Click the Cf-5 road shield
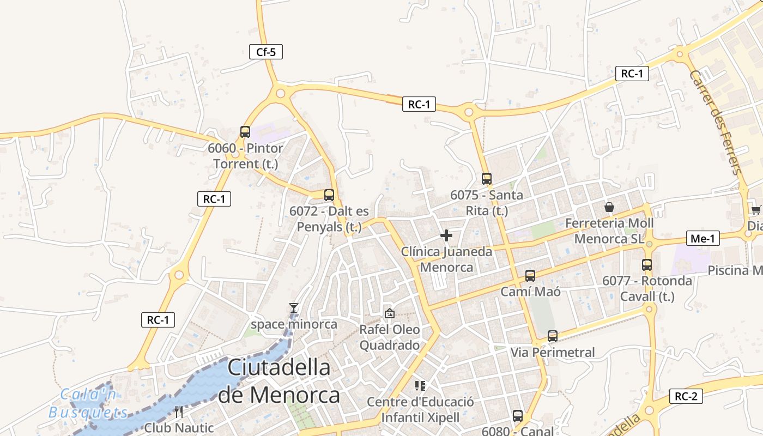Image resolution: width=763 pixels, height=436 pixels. tap(266, 52)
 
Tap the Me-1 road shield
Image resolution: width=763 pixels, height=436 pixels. tap(703, 238)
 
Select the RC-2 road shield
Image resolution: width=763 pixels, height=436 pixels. tap(686, 396)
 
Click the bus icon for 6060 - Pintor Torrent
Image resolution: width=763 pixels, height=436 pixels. tap(245, 132)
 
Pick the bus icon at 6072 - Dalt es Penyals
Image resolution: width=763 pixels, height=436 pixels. tap(329, 195)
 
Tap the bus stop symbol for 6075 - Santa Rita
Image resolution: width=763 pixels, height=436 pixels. tap(487, 178)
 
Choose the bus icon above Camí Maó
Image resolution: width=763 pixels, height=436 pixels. tap(530, 276)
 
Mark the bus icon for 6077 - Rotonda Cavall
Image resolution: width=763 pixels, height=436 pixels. tap(647, 265)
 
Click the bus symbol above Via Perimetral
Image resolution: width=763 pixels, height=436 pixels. tap(553, 336)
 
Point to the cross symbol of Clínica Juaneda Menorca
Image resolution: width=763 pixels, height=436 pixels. tap(446, 235)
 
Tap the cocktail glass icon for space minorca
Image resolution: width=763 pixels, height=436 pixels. tap(294, 308)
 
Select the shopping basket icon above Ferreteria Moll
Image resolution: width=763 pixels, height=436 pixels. tap(609, 208)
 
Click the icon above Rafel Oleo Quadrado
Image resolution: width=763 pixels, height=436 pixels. tap(389, 313)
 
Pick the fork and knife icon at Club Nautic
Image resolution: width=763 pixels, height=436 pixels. tap(179, 412)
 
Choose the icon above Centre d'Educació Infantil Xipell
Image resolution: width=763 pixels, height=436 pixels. tap(420, 386)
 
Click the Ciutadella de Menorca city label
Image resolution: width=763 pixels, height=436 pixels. tap(279, 381)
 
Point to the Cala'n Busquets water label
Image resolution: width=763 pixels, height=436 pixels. tap(88, 403)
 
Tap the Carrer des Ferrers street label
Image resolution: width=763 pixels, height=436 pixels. tap(716, 122)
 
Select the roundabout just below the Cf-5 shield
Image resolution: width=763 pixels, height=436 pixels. tap(281, 93)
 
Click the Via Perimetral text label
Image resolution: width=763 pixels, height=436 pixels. tap(553, 353)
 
